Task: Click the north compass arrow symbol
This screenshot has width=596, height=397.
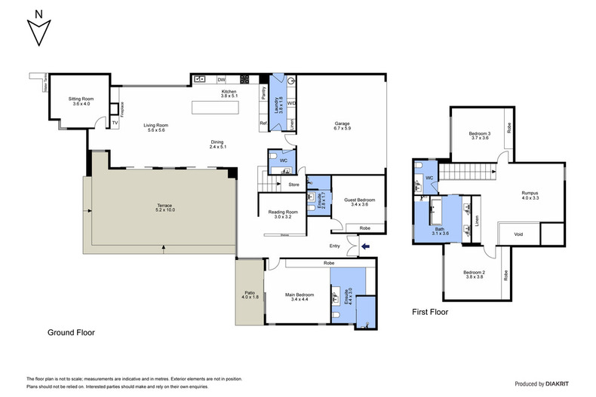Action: (37, 30)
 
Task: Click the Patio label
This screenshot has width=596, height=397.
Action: (250, 295)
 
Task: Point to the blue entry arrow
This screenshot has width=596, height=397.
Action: (367, 245)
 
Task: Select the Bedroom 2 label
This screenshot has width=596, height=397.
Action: (474, 274)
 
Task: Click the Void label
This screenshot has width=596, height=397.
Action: (519, 234)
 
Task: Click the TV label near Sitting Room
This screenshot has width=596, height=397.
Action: (115, 122)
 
